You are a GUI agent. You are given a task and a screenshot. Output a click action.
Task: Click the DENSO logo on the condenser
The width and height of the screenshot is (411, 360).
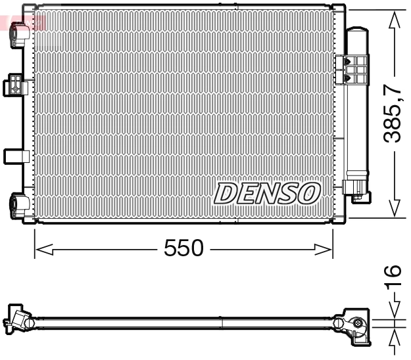coord(267,193)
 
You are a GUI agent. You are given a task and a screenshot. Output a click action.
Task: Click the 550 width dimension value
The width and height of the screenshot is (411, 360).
coord(184,249)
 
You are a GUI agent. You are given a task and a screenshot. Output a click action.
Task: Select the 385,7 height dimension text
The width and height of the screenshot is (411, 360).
coord(393,114)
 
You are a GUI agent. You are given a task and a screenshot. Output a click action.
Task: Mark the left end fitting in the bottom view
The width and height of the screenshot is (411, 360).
coord(20,321)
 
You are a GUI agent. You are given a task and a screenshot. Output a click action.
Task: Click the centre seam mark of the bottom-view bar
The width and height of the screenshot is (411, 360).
coord(222,323)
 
